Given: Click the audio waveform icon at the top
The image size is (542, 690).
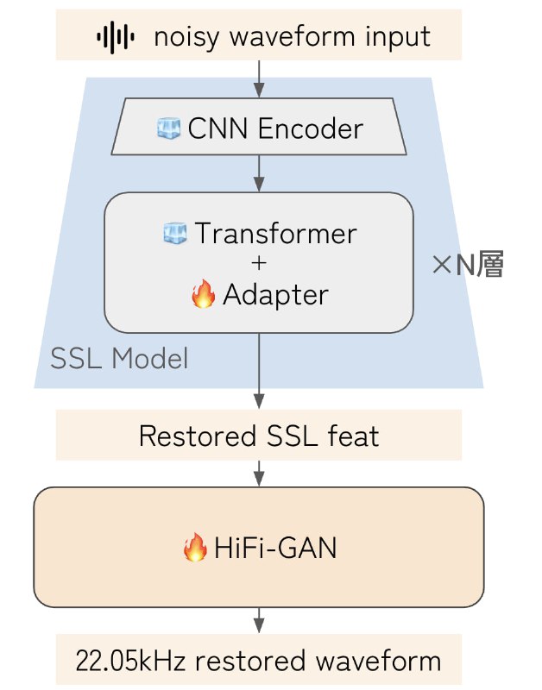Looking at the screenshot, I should (116, 36).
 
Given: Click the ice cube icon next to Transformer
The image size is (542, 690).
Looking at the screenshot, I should (175, 233).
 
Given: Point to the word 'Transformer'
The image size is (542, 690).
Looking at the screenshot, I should (275, 233).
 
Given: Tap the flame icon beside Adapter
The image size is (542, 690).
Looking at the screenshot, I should (203, 295).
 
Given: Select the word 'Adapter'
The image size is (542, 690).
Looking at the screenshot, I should (275, 295).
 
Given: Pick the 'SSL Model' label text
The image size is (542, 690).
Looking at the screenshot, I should (119, 358).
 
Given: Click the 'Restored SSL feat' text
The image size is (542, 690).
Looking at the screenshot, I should (259, 436).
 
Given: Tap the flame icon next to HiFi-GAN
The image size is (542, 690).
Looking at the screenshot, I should (196, 548).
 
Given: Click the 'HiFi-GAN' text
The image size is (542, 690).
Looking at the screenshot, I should (274, 548).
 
